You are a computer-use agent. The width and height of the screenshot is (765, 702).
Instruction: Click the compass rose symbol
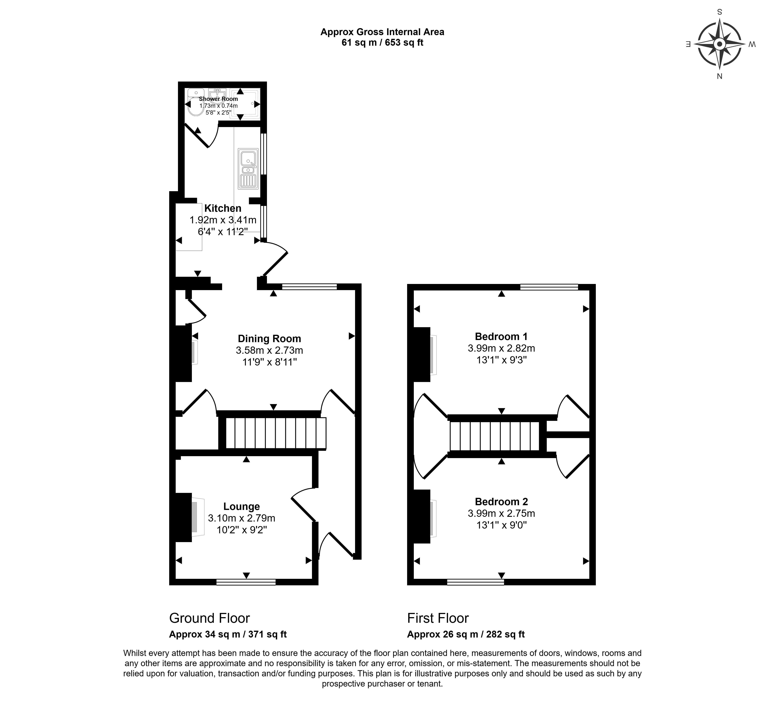coord(719,44)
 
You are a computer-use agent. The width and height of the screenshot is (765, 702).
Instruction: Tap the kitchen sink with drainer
coord(248,169)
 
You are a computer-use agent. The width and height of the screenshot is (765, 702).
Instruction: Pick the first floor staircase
coord(495,436)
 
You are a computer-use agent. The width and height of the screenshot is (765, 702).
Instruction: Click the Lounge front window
coord(246,582)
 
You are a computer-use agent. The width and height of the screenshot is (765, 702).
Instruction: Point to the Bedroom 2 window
coord(476,582)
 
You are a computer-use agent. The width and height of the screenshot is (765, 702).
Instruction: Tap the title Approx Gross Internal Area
coord(382,32)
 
